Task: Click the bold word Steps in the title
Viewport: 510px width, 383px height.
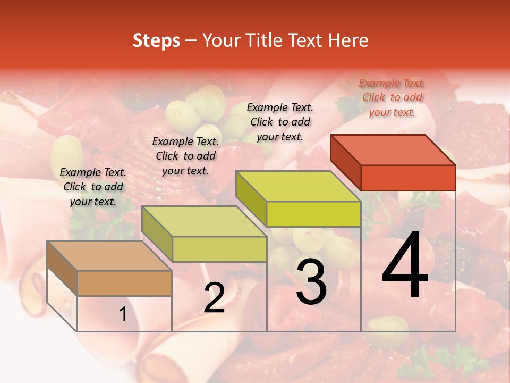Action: point(156,40)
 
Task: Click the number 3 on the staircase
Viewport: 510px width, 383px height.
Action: point(311,282)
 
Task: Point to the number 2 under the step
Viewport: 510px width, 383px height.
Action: point(214,298)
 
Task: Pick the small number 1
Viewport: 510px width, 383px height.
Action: point(123,314)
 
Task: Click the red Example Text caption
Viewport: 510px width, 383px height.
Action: point(392,98)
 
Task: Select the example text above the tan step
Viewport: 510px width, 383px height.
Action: point(93,187)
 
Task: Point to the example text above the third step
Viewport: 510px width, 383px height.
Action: point(280,122)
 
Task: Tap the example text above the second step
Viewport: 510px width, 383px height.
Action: point(185,156)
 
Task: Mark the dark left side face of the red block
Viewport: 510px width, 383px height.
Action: point(345,162)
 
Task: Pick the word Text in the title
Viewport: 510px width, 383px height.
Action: point(306,40)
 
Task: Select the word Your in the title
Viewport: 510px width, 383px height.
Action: point(222,40)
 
